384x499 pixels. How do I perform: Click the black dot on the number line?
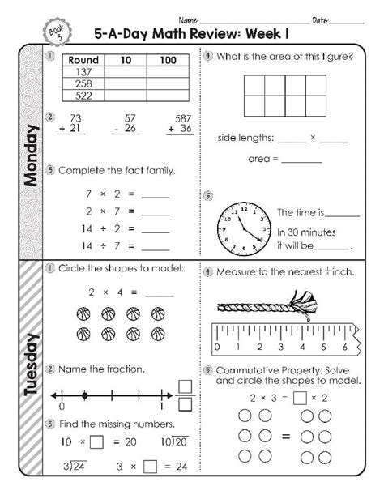coord(84,397)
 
